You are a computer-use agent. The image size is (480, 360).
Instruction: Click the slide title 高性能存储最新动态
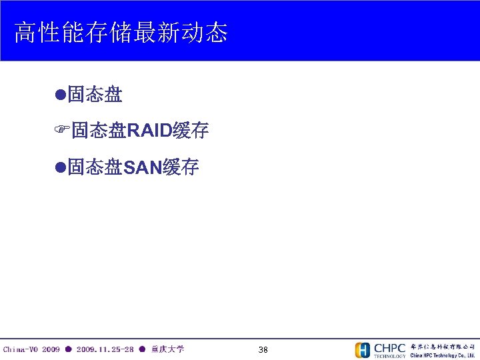[121, 32]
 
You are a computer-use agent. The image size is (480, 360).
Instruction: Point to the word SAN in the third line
[143, 167]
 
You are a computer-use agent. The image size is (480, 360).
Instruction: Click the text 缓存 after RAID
[190, 131]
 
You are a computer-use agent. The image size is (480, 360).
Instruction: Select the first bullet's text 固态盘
[95, 95]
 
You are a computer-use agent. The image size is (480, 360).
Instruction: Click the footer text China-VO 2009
[31, 349]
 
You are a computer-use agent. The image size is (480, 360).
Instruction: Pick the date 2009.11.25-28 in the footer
[105, 349]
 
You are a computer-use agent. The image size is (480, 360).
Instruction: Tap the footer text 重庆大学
[168, 349]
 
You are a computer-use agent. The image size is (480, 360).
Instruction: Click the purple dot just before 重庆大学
[142, 349]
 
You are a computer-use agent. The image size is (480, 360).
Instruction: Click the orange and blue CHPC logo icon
[363, 350]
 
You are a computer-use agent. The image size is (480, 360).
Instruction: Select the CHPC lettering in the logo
[389, 347]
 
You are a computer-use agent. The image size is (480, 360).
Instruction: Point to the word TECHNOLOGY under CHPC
[389, 356]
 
